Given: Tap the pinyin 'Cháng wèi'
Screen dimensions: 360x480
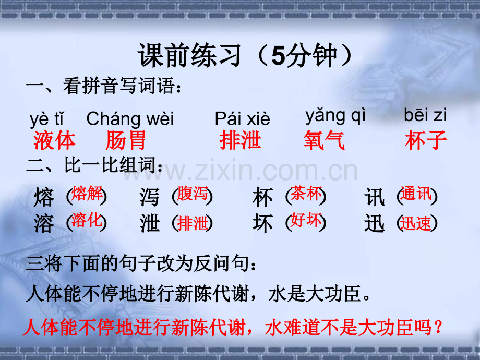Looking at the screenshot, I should click(x=130, y=119).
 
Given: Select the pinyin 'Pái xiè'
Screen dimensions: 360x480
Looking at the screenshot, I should click(x=242, y=119).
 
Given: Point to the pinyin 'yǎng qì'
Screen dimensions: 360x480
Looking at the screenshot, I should click(x=335, y=115).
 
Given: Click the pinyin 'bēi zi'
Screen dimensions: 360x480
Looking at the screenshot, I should click(x=425, y=115).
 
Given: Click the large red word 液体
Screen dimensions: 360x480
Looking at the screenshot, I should click(x=54, y=140).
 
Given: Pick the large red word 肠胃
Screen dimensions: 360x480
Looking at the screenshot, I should click(x=125, y=140).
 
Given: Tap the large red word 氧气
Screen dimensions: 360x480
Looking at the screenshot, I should click(x=324, y=140).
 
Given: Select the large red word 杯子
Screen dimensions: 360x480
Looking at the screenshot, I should click(x=426, y=140).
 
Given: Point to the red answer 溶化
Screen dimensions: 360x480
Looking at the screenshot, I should click(x=87, y=220).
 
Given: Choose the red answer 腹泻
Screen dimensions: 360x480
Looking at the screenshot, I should click(x=193, y=194).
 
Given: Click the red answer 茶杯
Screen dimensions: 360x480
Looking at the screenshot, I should click(x=306, y=194).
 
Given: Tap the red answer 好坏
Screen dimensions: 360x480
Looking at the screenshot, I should click(x=306, y=220).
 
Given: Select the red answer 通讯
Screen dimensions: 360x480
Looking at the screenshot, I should click(x=416, y=194).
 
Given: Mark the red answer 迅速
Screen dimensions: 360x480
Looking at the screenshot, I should click(x=416, y=223).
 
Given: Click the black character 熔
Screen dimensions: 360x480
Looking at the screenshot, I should click(x=44, y=198).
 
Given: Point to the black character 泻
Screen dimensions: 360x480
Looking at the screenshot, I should click(x=150, y=198).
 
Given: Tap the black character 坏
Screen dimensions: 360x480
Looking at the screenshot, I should click(x=262, y=224).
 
